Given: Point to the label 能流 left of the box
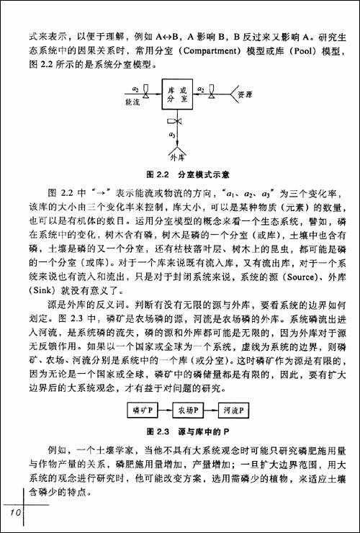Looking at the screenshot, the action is (132, 102).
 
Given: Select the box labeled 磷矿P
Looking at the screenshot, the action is (137, 410).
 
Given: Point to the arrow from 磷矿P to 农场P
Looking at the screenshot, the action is (161, 410).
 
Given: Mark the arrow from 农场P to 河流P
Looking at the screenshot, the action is (210, 410).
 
